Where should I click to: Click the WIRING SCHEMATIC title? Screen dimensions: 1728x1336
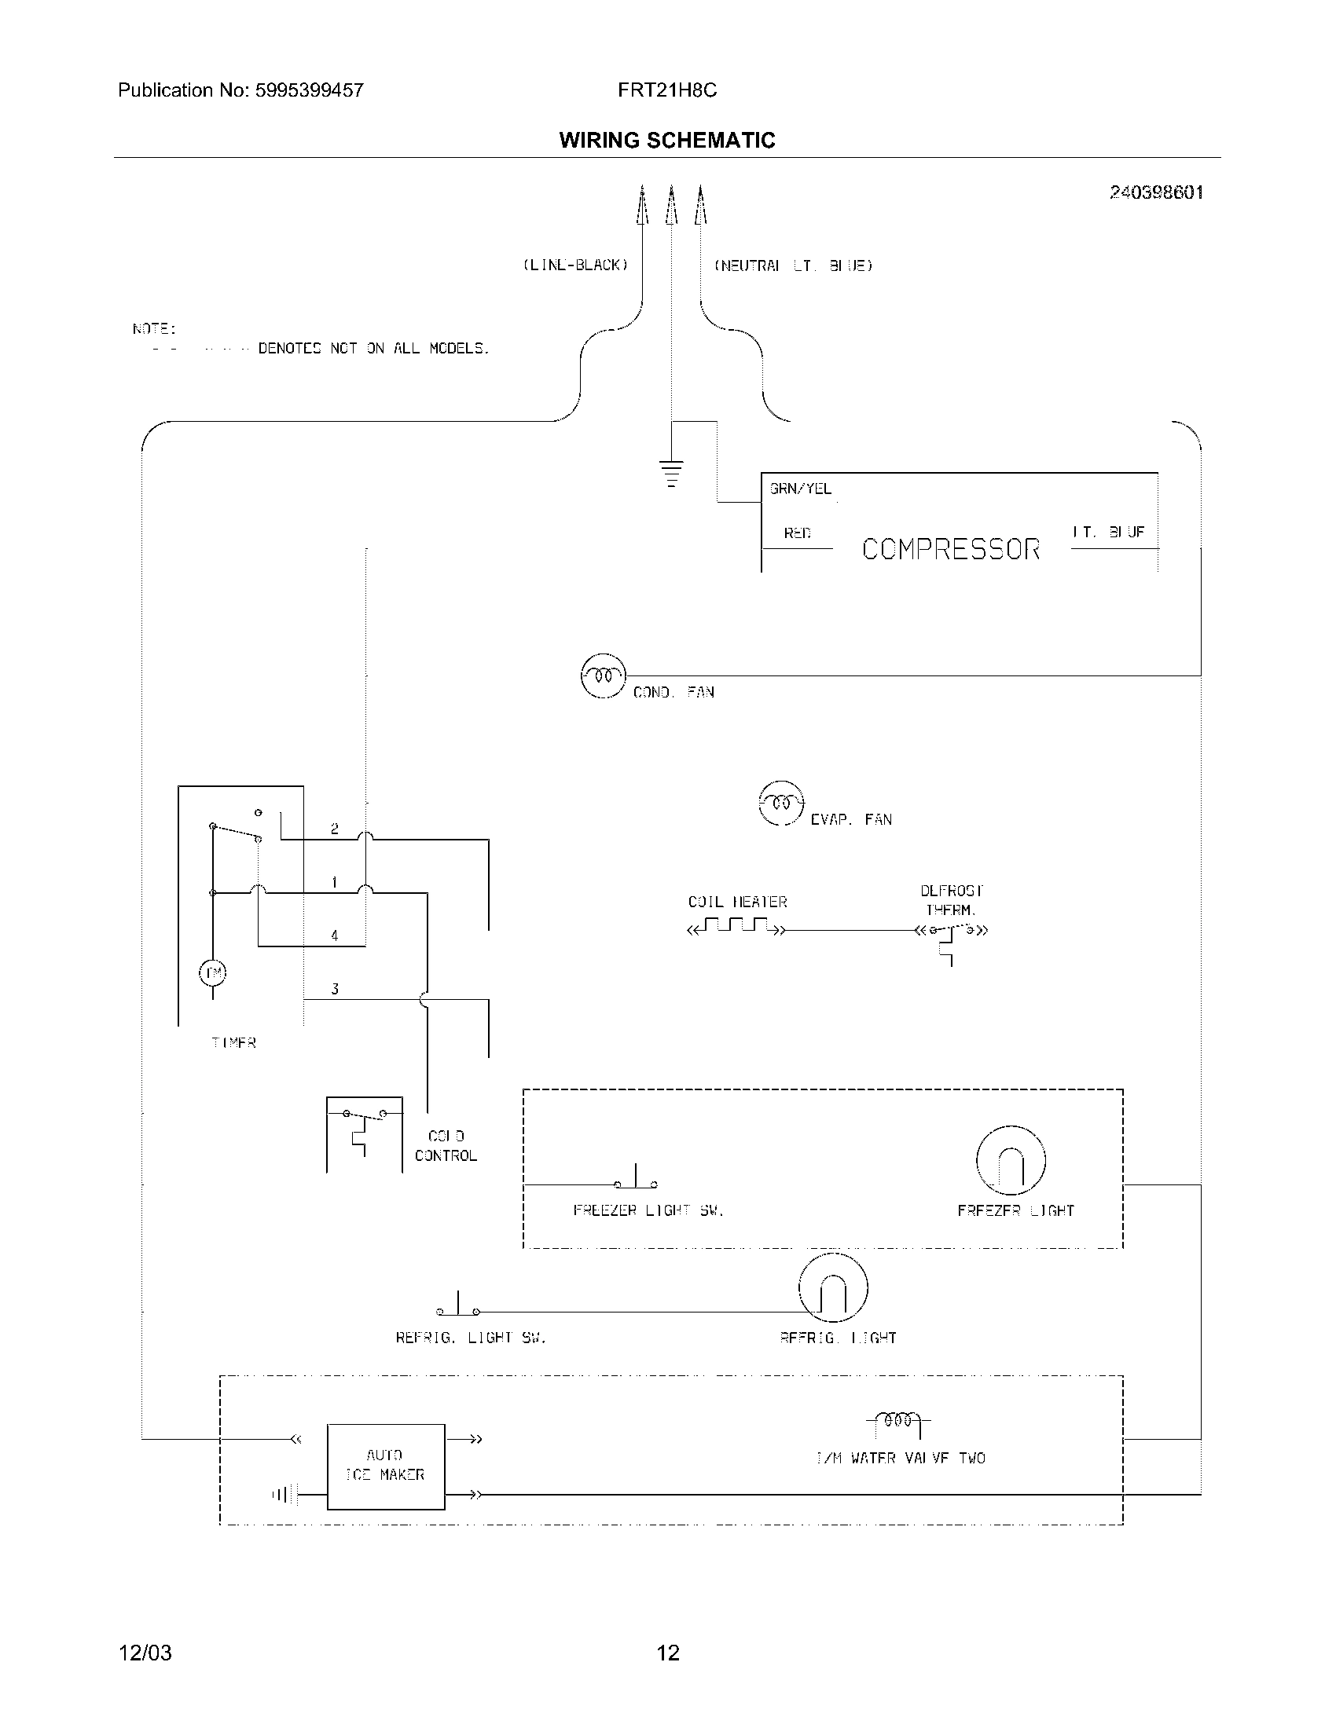coord(666,140)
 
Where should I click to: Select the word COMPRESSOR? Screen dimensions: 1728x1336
coord(951,549)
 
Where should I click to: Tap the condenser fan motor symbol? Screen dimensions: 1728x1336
coord(603,676)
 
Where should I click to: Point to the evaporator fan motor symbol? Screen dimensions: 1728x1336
coord(781,803)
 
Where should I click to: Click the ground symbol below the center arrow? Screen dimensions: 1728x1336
coord(671,472)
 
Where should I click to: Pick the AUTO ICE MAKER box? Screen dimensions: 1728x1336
coord(385,1466)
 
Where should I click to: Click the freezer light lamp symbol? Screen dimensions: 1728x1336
coord(1011,1160)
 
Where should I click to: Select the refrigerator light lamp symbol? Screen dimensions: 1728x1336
coord(833,1287)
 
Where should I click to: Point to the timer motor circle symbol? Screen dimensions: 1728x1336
coord(212,972)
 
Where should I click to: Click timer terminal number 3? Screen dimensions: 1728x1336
coord(335,989)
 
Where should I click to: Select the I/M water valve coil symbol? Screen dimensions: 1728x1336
coord(898,1419)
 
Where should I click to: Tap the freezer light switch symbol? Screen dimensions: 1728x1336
coord(636,1180)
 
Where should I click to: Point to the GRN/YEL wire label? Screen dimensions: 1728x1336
coord(800,489)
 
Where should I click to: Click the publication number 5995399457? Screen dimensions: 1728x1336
coord(309,90)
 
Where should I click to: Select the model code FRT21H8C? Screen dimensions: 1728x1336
coord(666,90)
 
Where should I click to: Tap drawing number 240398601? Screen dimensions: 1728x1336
coord(1155,192)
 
